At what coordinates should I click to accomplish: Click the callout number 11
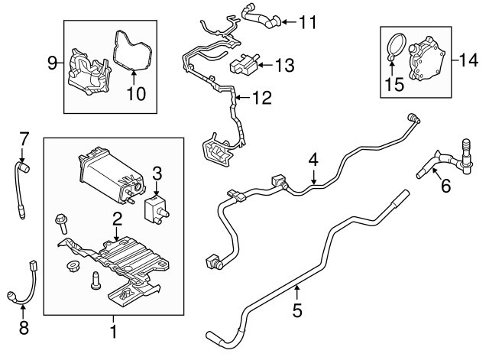308,22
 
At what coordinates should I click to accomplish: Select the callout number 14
468,60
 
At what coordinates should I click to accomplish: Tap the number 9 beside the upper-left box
52,63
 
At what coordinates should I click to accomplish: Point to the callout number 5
297,310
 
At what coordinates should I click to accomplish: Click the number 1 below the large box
114,332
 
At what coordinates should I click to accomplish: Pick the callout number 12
262,98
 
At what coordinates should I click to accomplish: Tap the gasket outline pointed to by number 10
132,50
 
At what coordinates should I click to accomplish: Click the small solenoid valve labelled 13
245,63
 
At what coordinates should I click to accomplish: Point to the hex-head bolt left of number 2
61,223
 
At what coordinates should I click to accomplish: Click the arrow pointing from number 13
265,65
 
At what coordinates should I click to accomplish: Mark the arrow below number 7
22,154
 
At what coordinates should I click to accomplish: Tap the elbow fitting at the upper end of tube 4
413,118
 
